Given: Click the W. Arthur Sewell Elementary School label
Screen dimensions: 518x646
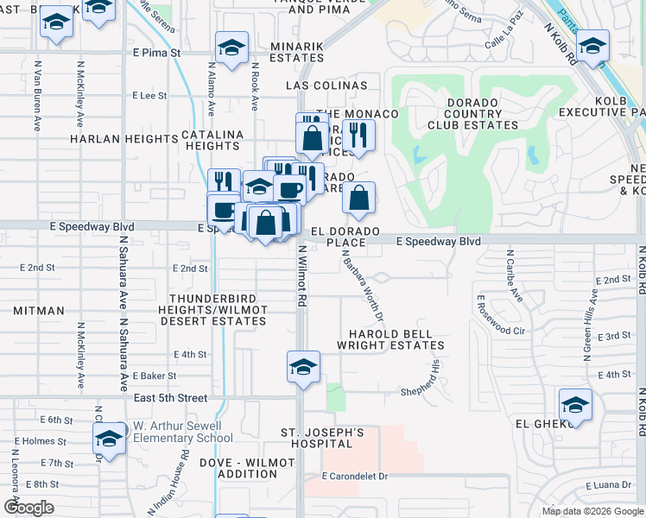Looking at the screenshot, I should coord(177,432).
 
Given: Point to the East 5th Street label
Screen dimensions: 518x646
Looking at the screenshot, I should coord(171,398).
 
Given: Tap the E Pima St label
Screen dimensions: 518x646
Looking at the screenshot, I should coord(155,53).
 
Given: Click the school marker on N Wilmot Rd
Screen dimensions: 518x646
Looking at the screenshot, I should coord(304,367).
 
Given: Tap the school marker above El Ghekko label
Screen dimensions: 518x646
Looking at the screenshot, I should coord(575,404).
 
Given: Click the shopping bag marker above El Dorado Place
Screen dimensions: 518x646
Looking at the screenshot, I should coord(358,198).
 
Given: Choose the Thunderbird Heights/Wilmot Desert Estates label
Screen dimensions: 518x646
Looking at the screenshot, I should coord(212,315).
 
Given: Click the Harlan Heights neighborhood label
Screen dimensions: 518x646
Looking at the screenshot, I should coord(123,138).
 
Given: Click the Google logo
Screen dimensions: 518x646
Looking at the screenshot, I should coord(28,508).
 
